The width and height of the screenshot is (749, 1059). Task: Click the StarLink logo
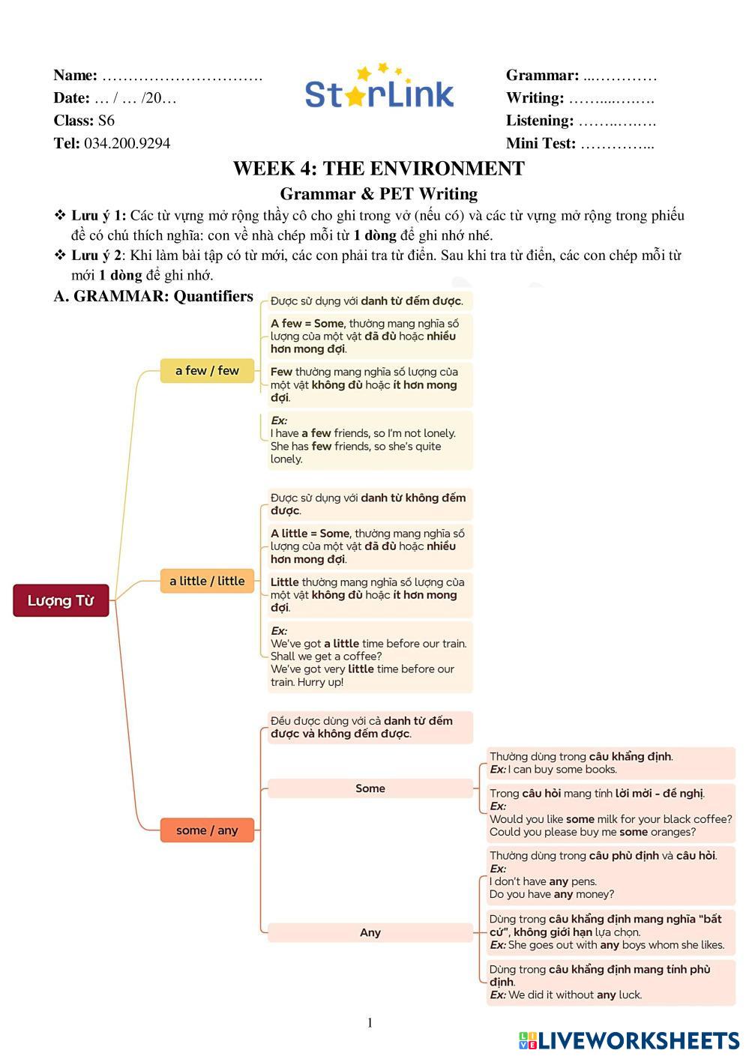point(379,88)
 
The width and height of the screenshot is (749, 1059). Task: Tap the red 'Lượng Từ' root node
point(61,601)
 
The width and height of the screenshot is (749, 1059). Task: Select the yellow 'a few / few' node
point(207,370)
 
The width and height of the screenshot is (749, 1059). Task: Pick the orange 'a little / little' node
point(207,581)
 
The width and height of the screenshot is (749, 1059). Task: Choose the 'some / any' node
point(207,830)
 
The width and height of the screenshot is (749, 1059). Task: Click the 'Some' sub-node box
point(370,788)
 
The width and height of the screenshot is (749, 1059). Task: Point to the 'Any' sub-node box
point(370,932)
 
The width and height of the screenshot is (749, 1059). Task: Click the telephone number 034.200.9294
point(127,143)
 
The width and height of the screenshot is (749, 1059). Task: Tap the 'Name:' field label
point(75,75)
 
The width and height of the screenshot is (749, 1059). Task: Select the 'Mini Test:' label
point(541,143)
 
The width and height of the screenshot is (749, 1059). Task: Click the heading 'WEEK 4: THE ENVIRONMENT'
point(379,169)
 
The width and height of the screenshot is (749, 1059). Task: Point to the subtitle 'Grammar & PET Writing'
point(379,194)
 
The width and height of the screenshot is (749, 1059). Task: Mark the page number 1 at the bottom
point(370,1023)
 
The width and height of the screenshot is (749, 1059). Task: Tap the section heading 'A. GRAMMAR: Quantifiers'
point(154,296)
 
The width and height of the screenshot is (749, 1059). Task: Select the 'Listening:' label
point(540,121)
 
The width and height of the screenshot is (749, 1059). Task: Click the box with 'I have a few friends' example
point(370,440)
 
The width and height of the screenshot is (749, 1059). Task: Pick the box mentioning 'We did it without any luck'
point(611,982)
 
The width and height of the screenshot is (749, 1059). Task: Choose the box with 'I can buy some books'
point(611,763)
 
